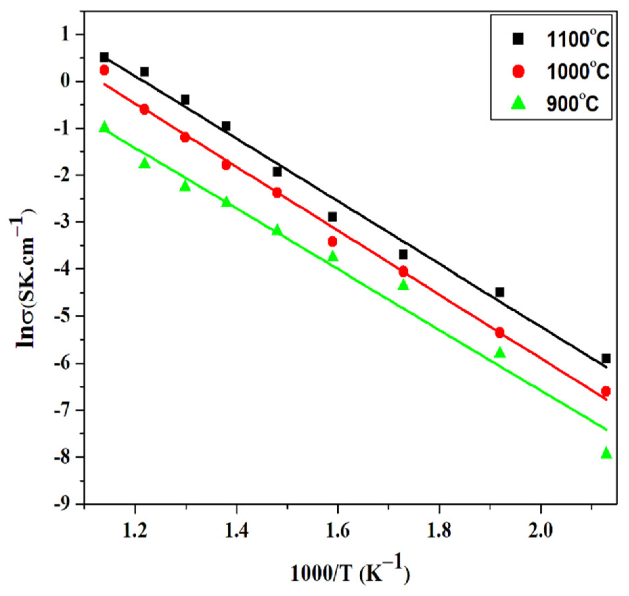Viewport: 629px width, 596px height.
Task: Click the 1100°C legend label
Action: click(577, 40)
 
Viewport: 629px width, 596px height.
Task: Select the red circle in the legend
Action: click(518, 71)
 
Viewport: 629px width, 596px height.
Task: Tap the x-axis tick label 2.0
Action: click(540, 531)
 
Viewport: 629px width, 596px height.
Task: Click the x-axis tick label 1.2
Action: click(135, 531)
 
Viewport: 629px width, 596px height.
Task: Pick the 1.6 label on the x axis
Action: click(337, 531)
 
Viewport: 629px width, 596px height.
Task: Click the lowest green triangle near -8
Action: click(606, 453)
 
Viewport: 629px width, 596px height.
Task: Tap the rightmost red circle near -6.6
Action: click(606, 391)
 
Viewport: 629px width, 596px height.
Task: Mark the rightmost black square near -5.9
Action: click(606, 358)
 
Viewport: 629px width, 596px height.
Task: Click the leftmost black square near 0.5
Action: click(104, 57)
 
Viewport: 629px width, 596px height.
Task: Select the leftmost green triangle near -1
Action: click(104, 127)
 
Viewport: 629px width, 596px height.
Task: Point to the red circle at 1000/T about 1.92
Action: click(499, 333)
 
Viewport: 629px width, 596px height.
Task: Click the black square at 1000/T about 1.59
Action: click(332, 217)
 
